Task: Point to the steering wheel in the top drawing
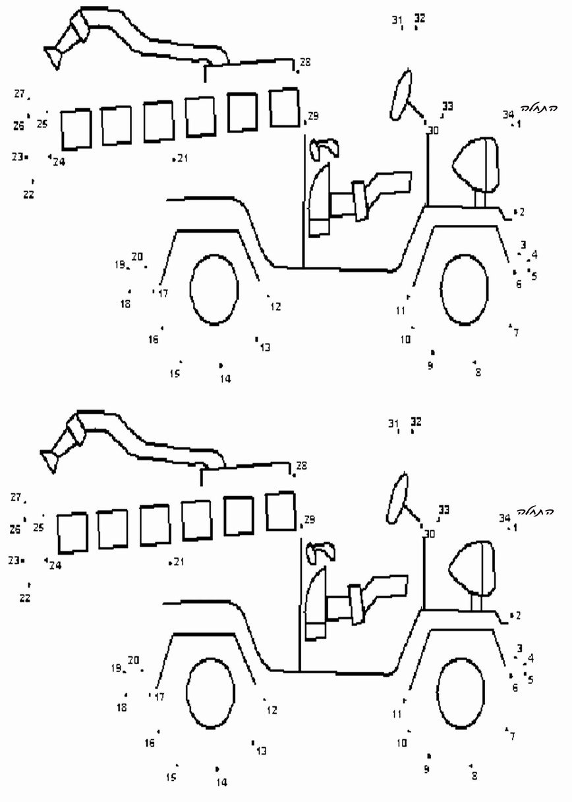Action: point(401,96)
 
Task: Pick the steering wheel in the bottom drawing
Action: point(398,499)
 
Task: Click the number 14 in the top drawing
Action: point(225,379)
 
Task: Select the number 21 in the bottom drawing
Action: point(179,561)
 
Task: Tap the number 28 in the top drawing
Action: point(305,63)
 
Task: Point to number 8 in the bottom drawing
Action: point(474,776)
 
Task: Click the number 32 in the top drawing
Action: point(420,18)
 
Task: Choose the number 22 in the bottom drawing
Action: point(25,598)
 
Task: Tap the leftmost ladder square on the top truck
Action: point(76,129)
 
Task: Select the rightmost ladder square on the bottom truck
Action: point(281,511)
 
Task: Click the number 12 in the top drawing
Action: point(275,306)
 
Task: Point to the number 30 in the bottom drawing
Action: point(430,534)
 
